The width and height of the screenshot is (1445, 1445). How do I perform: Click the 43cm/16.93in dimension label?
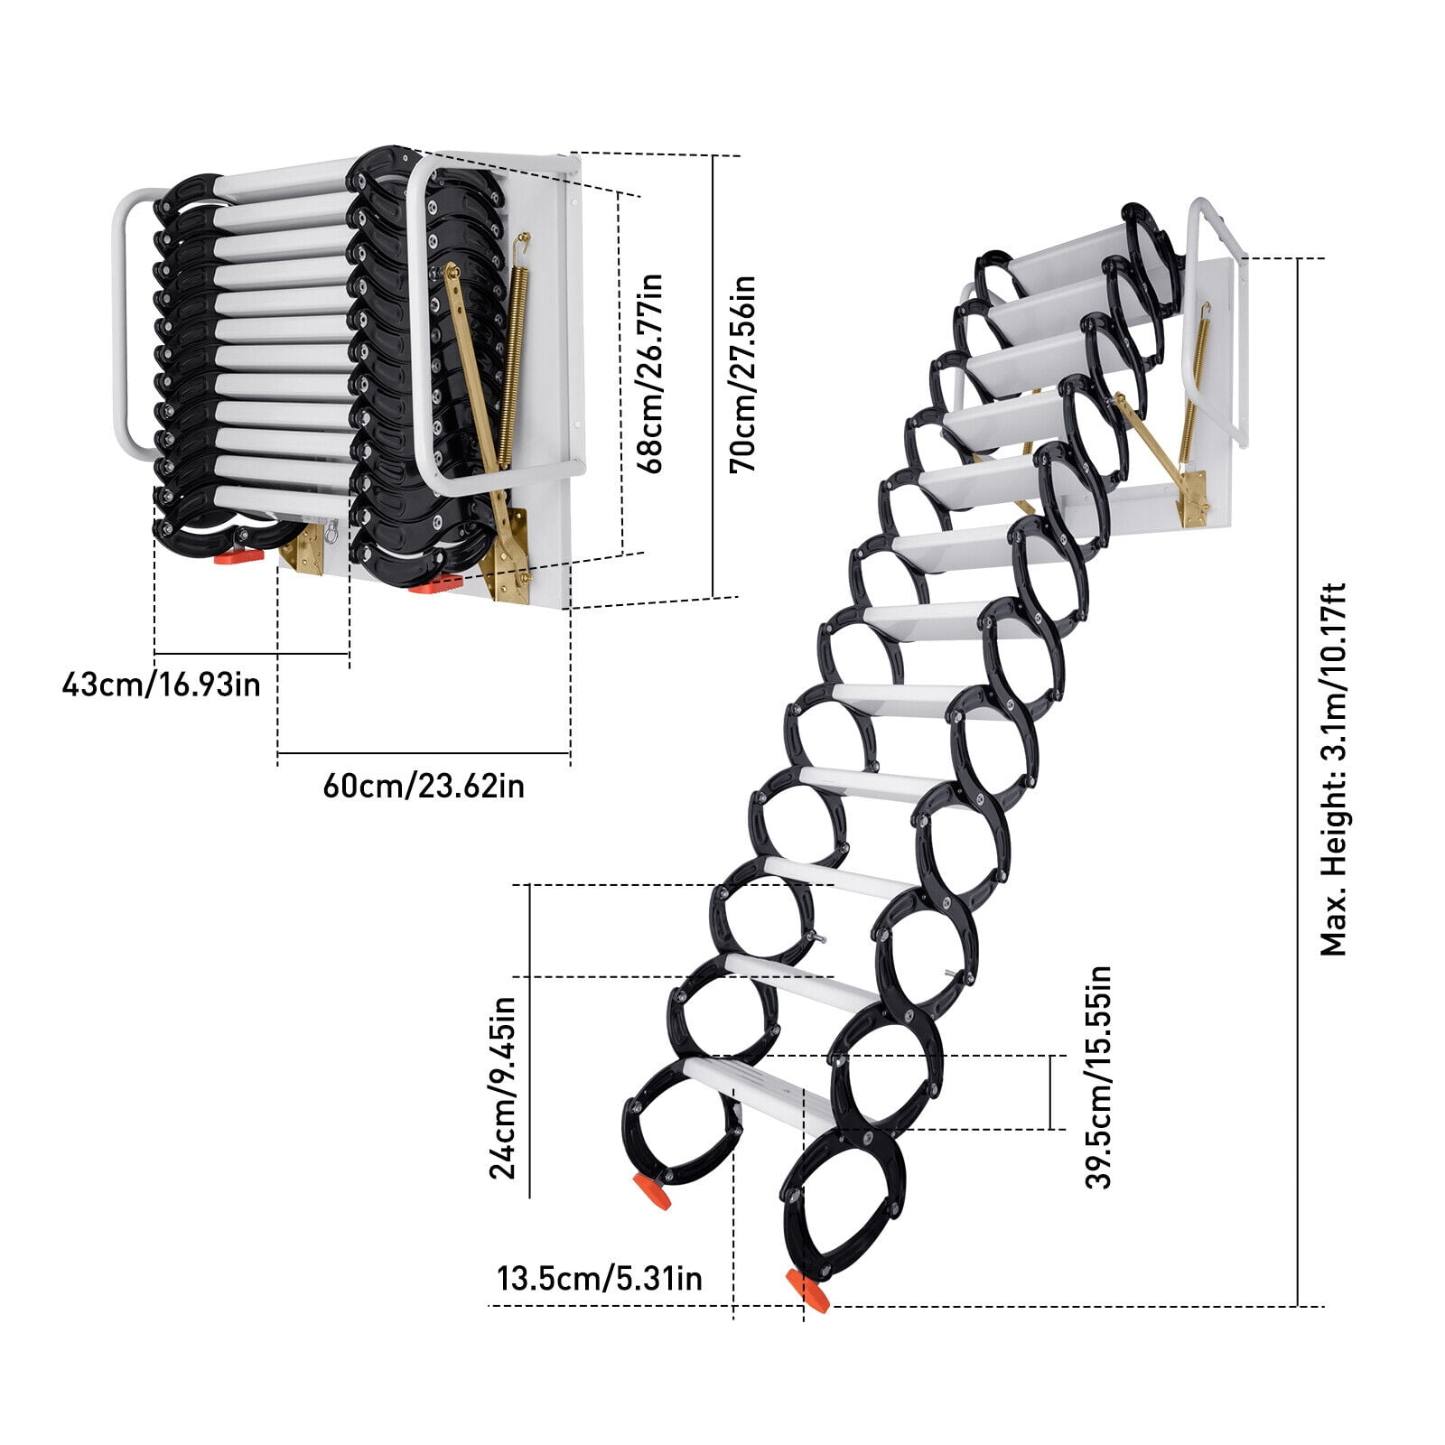pyautogui.click(x=161, y=684)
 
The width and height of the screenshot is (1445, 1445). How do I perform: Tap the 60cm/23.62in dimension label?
pyautogui.click(x=424, y=786)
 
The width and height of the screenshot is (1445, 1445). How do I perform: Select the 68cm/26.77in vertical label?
pyautogui.click(x=649, y=373)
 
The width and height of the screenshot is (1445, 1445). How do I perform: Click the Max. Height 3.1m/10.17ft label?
pyautogui.click(x=1333, y=769)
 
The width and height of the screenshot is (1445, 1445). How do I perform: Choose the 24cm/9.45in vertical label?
pyautogui.click(x=502, y=1087)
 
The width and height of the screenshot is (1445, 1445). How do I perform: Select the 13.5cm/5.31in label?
pyautogui.click(x=599, y=1278)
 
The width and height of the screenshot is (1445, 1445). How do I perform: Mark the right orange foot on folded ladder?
pyautogui.click(x=435, y=584)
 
